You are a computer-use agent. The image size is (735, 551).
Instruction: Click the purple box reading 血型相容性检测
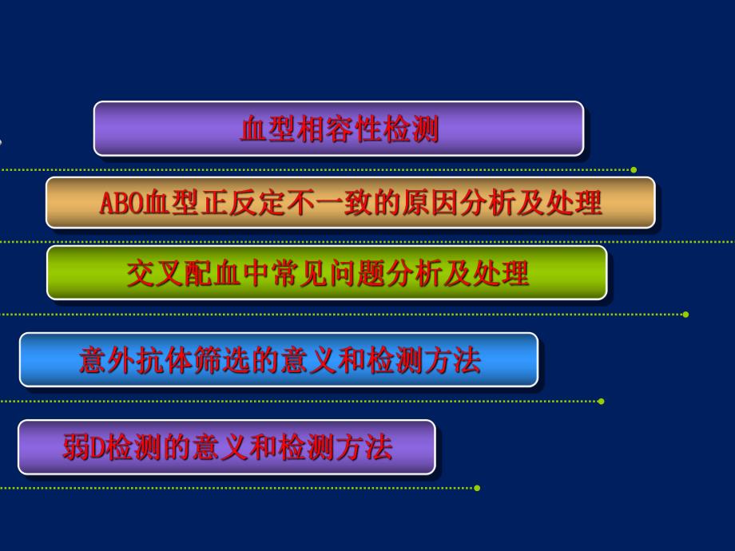[x=339, y=129]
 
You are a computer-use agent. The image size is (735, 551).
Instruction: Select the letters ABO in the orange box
[x=121, y=204]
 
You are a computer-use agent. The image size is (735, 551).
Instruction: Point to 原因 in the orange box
[x=460, y=204]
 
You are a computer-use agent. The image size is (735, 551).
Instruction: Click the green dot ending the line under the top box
[x=634, y=170]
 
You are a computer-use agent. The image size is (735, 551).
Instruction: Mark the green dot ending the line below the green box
[x=685, y=314]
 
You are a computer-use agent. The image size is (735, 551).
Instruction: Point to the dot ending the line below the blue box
[x=601, y=401]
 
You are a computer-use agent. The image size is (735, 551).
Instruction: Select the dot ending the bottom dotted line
[x=477, y=488]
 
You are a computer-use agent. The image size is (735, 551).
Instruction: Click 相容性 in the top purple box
[x=339, y=129]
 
